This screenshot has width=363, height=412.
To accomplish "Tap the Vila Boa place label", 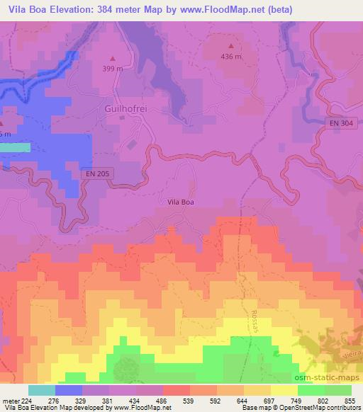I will coord(180,202).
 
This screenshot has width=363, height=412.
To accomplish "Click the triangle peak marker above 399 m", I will coord(112,58).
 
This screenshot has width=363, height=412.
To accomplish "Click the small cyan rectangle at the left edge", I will coord(15,147).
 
